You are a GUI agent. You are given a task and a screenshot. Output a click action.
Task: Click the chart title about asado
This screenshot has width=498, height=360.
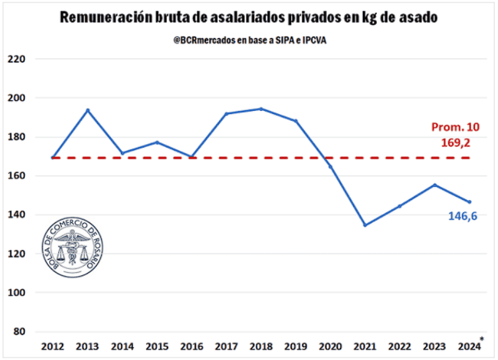[248, 17]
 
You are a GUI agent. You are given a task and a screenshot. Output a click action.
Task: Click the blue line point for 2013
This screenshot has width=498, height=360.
[88, 110]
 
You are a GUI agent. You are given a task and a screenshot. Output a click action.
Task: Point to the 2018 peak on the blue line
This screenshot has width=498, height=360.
[261, 109]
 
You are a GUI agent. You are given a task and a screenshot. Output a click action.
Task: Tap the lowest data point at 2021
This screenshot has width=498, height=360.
[365, 225]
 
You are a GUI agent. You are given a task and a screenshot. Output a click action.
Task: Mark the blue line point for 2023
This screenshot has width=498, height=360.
[435, 185]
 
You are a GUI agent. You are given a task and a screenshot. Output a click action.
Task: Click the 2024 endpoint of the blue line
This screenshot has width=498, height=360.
[469, 202]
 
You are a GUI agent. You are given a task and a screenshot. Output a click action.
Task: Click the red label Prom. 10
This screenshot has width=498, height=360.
[456, 127]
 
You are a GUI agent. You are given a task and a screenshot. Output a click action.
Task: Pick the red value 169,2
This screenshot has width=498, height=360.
[456, 143]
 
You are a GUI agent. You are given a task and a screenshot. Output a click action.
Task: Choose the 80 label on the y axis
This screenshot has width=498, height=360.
[20, 331]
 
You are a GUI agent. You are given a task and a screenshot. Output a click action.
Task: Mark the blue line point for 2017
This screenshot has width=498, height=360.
[227, 113]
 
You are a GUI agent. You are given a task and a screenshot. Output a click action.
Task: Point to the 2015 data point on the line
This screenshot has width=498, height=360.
[157, 142]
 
